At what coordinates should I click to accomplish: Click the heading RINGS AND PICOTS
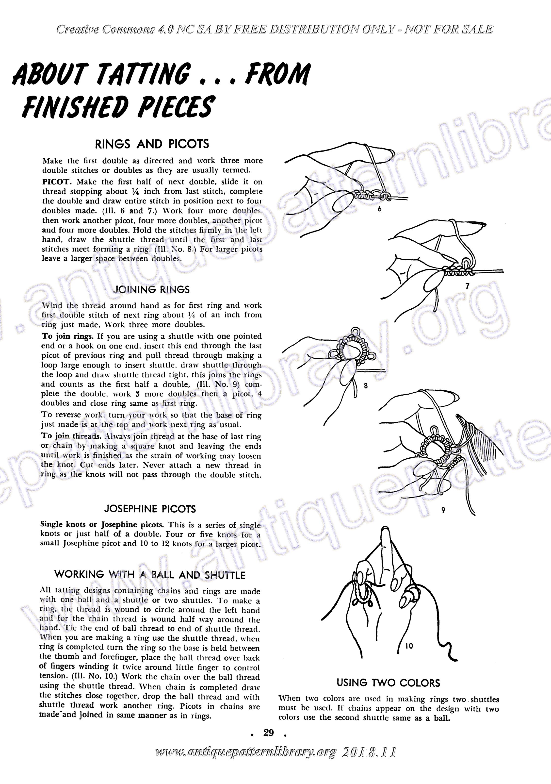(152, 144)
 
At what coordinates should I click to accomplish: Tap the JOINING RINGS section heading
(151, 290)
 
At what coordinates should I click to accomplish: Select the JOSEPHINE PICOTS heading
(150, 509)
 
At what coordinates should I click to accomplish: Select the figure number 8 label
(366, 386)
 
